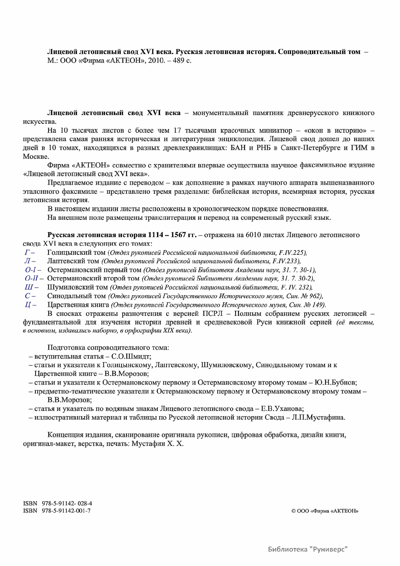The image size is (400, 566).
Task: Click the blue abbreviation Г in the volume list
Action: pyautogui.click(x=27, y=252)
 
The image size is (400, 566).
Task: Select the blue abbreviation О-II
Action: pyautogui.click(x=32, y=278)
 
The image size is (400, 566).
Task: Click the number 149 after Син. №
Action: pyautogui.click(x=318, y=305)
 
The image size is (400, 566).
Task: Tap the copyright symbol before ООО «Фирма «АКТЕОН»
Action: pyautogui.click(x=293, y=511)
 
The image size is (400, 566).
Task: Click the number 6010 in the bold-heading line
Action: pyautogui.click(x=254, y=235)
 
